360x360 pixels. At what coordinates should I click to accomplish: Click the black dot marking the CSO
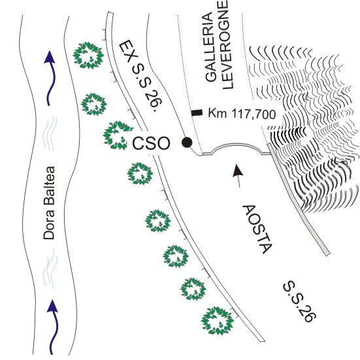point(187,142)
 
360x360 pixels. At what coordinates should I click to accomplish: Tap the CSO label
point(152,144)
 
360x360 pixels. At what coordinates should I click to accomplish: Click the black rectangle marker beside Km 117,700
point(197,112)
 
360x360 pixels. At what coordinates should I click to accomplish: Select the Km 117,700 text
point(242,114)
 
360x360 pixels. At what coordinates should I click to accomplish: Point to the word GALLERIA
point(211,47)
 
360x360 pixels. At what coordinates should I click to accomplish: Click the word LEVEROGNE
point(228,44)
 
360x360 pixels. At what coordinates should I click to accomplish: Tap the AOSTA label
point(257,229)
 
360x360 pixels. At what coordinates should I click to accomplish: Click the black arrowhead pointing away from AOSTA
point(237,171)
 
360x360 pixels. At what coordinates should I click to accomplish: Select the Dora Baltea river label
point(49,203)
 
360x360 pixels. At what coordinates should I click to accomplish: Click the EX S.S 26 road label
point(141,75)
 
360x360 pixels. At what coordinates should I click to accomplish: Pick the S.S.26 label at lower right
point(300,301)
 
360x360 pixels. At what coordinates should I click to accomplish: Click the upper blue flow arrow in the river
point(50,78)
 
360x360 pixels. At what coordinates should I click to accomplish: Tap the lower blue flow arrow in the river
point(53,327)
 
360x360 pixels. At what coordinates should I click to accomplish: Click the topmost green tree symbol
point(88,56)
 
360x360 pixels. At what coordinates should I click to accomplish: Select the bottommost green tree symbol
point(218,321)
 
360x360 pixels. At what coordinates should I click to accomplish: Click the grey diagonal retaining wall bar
point(299,199)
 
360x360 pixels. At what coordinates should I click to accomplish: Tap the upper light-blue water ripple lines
point(50,133)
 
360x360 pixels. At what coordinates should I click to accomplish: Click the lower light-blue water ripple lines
point(50,269)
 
